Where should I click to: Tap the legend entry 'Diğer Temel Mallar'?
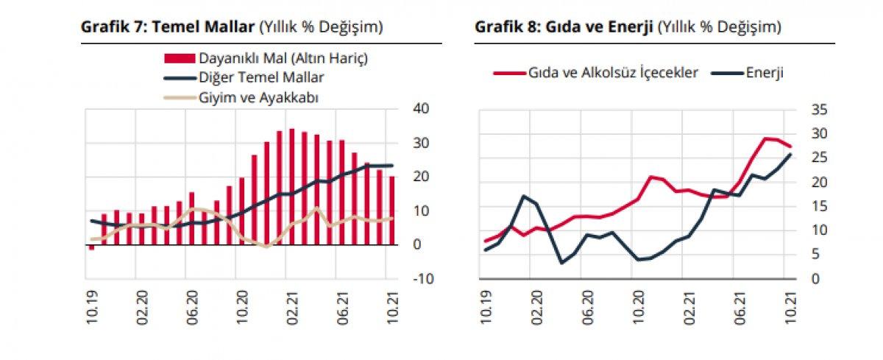(x=261, y=77)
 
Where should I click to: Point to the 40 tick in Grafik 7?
(x=420, y=109)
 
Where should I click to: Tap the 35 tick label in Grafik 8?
(x=820, y=110)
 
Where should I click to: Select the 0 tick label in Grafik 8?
(x=815, y=279)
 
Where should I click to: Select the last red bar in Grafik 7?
(x=392, y=210)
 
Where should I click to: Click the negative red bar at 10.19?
(x=91, y=247)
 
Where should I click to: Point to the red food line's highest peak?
(x=766, y=138)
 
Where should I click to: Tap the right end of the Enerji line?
(x=790, y=154)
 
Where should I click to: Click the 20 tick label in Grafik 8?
(x=820, y=182)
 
